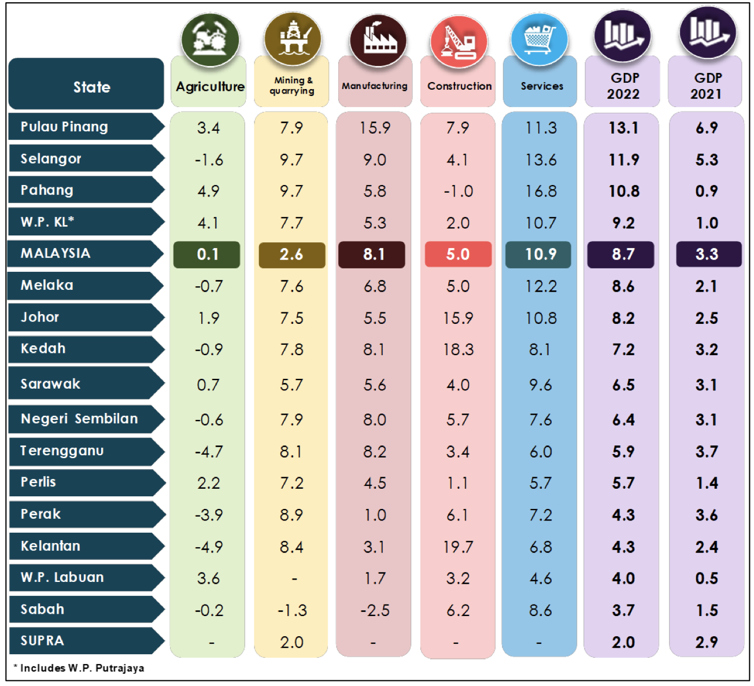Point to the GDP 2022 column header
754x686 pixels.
623,86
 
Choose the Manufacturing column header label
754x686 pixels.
375,86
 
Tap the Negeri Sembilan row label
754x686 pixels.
80,419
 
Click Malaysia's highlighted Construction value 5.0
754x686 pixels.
458,254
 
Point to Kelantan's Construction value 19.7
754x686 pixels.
458,547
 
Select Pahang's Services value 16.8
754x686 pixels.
541,191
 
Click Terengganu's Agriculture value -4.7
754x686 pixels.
209,451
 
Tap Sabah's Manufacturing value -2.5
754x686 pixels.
375,610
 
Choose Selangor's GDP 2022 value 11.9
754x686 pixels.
623,160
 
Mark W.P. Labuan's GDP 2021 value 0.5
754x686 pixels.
707,578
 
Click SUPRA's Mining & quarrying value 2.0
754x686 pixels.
291,642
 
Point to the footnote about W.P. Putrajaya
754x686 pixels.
79,668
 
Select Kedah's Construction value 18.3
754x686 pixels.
458,349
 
